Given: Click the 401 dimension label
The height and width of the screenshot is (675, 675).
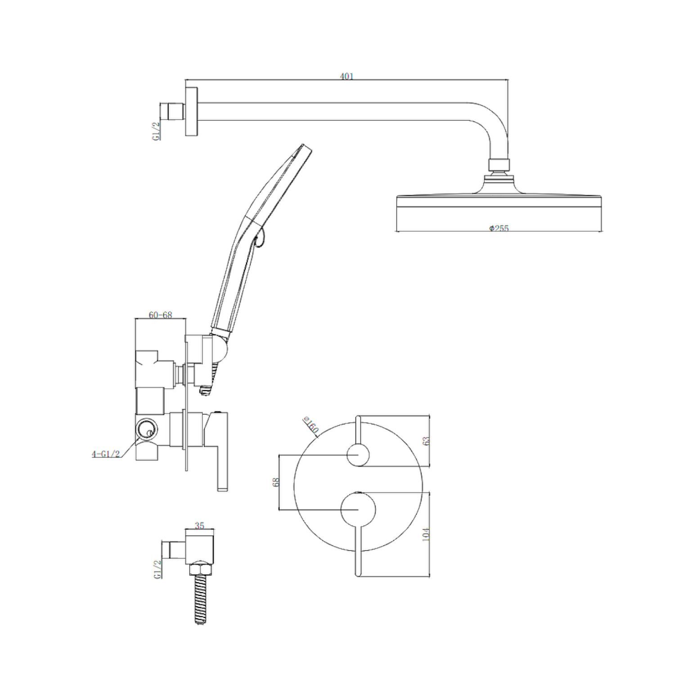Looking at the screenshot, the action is [346, 76].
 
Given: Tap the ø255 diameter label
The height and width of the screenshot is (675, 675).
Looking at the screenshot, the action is [499, 228].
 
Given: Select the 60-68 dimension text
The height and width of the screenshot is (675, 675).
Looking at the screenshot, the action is [161, 315].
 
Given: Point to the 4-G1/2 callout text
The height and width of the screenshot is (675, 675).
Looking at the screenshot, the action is [106, 454].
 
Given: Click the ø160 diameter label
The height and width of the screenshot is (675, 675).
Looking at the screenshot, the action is [311, 425].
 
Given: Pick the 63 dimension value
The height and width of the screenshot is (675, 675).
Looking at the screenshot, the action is [427, 441].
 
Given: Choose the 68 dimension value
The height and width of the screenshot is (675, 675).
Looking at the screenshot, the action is [276, 482].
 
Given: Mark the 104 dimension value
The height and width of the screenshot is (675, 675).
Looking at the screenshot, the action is [427, 534].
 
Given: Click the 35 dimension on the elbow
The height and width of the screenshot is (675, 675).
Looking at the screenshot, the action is [200, 526].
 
